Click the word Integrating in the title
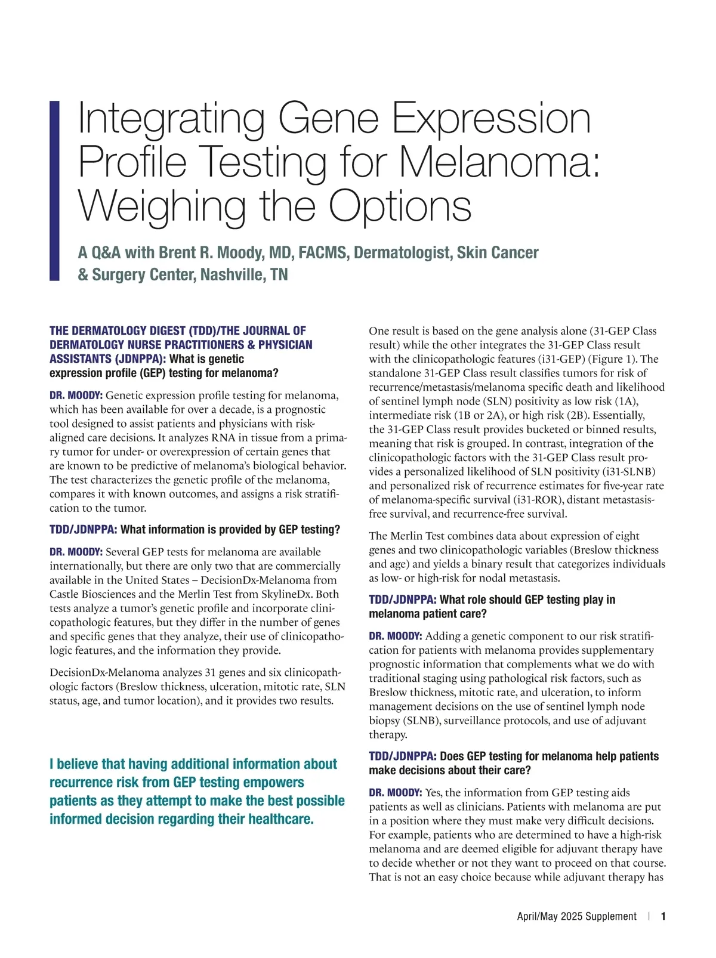tap(172, 119)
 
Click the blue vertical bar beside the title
tap(54, 190)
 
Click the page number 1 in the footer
tap(663, 916)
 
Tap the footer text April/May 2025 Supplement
tap(576, 916)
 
